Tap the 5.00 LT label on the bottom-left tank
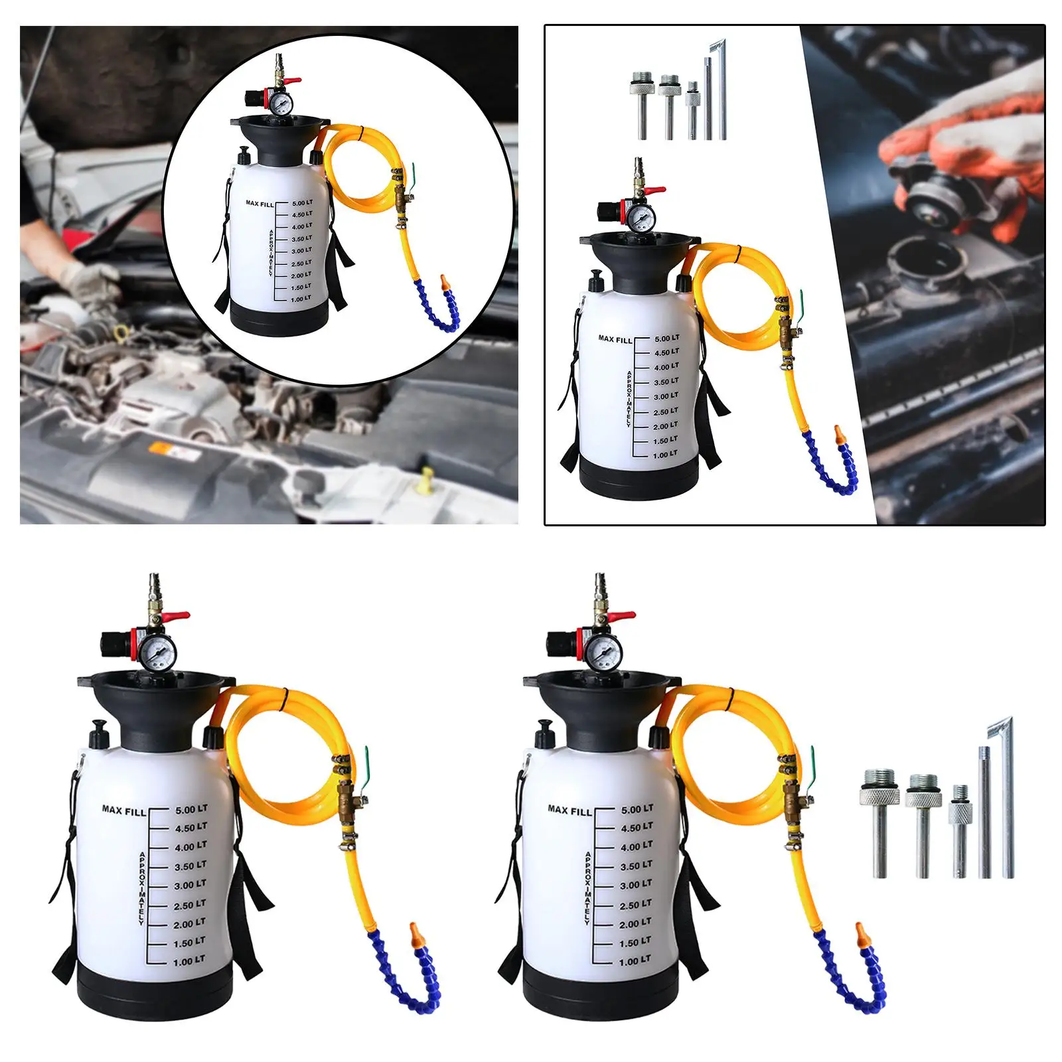tap(191, 809)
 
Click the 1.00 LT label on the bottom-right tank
tap(635, 961)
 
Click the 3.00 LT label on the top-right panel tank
tap(666, 396)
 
